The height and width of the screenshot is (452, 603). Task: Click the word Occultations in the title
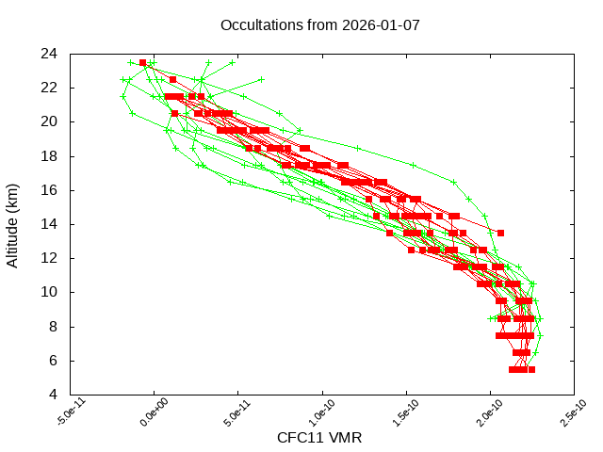tap(259, 25)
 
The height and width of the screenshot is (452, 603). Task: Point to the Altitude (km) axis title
tap(13, 224)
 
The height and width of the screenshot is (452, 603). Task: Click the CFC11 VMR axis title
tap(319, 438)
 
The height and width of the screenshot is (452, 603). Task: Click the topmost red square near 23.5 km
tap(143, 63)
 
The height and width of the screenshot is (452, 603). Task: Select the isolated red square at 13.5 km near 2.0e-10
tap(500, 233)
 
